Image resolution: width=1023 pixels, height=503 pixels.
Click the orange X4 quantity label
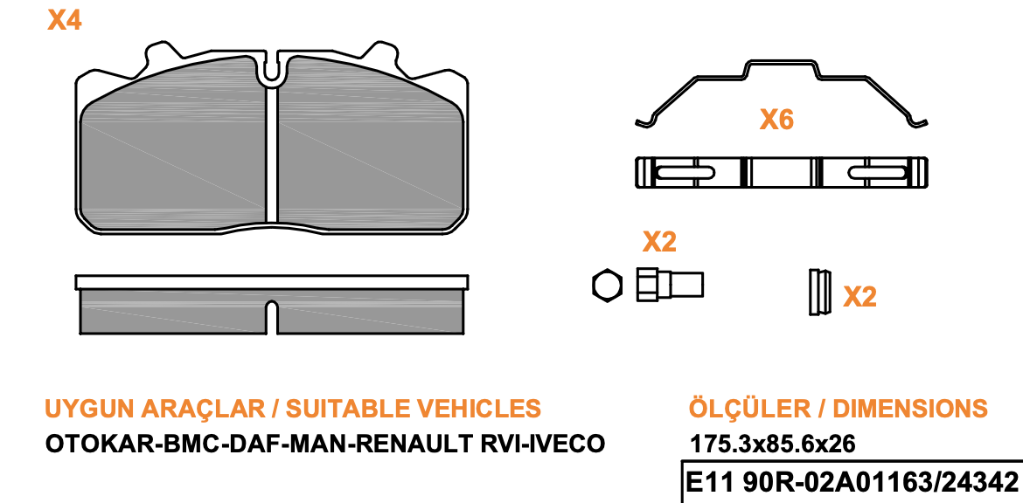coord(64,21)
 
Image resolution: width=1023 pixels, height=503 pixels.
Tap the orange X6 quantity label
coord(776,120)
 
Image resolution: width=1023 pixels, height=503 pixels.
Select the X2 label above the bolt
coord(659,242)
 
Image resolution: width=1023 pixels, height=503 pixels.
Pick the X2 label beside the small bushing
coord(859,297)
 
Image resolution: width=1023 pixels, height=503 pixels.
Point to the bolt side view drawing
coord(670,285)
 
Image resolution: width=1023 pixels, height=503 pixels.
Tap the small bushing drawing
coord(819,292)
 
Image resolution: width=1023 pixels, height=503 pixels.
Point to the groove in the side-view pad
coord(273,319)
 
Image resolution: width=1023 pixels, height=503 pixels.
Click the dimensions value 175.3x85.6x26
coord(772,445)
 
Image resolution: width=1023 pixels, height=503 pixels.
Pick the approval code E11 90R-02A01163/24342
coord(852,484)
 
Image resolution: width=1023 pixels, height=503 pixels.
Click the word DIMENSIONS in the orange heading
coord(910,409)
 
